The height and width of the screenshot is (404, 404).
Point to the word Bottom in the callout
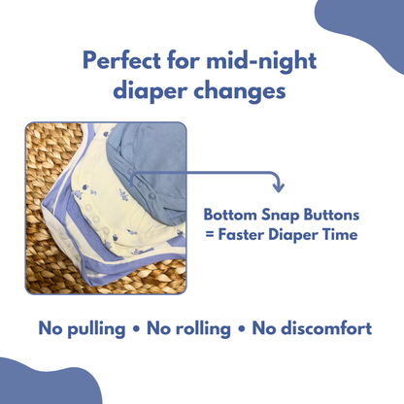coord(229,215)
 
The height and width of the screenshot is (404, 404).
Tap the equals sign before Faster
coord(209,234)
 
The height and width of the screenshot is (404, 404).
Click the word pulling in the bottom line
coord(97,328)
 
